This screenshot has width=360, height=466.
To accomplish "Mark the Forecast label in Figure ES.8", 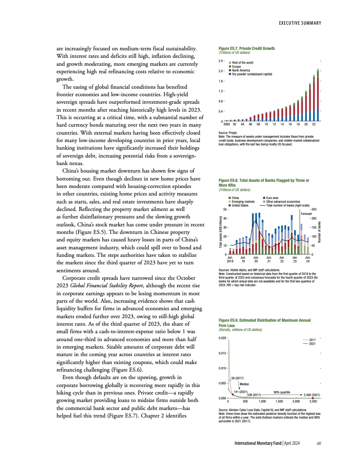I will (x=307, y=214).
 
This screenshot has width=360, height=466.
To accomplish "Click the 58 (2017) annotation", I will (x=238, y=378).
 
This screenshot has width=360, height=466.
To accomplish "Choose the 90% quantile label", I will (x=281, y=391).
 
